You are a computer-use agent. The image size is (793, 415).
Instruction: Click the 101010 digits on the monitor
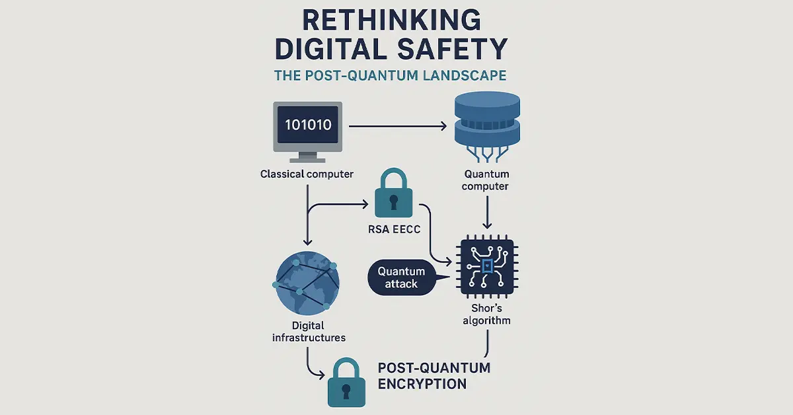point(308,124)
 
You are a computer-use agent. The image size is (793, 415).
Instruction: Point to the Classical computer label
point(307,174)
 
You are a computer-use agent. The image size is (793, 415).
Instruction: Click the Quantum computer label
point(486,180)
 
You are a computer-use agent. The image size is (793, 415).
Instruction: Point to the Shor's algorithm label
point(487,315)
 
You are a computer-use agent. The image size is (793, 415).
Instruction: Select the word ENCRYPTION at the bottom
point(422,383)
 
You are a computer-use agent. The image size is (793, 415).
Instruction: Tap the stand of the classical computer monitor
point(307,157)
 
